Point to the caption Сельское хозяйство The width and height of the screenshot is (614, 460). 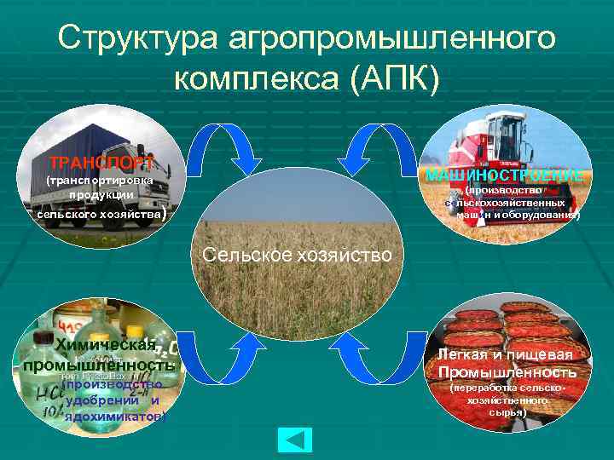click(296, 255)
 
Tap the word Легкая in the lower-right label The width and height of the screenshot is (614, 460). click(466, 354)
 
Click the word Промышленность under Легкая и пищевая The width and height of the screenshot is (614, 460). click(507, 372)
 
